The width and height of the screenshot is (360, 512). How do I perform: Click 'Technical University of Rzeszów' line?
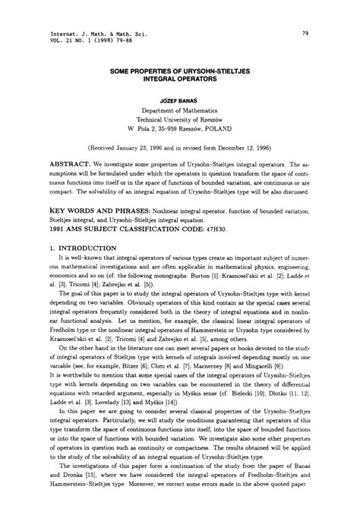(x=179, y=119)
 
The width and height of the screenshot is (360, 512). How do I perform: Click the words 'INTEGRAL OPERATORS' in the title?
(x=179, y=77)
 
